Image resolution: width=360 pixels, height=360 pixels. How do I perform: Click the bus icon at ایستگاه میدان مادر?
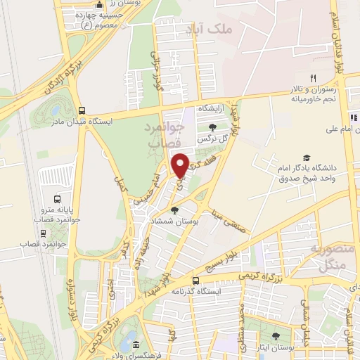(x=83, y=110)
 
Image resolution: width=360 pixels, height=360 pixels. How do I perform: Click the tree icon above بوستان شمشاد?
(x=175, y=210)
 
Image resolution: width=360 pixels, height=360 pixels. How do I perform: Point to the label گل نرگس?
(x=214, y=139)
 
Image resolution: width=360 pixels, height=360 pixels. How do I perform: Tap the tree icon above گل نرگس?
(x=213, y=127)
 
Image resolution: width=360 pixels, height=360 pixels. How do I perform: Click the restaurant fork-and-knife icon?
(x=314, y=78)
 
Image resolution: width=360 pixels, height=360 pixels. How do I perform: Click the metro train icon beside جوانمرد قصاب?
(x=44, y=233)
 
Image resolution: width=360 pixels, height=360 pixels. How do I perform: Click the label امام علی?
(x=341, y=129)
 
